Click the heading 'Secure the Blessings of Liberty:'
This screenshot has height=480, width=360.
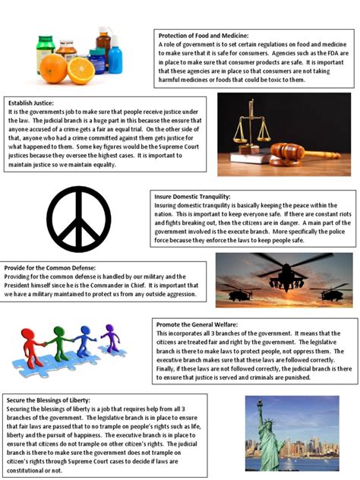[x=48, y=399]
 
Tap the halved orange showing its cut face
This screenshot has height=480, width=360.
[x=81, y=70]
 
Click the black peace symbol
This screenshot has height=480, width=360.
[x=79, y=219]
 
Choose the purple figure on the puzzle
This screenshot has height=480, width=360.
[x=111, y=339]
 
